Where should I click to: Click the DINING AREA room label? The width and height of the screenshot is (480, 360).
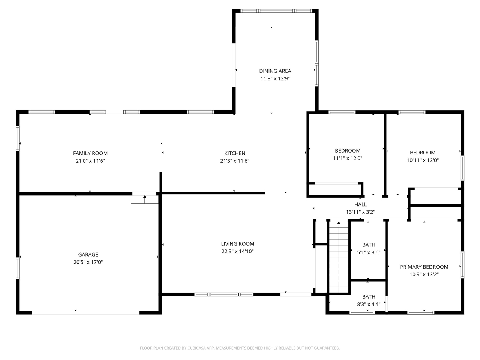tap(275, 71)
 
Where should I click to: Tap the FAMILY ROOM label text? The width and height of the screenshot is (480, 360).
tap(90, 153)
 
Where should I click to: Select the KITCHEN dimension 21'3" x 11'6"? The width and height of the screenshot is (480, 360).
tap(235, 161)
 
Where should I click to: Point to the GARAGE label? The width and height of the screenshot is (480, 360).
tap(88, 254)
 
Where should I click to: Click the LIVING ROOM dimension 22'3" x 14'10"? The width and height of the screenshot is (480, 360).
tap(237, 251)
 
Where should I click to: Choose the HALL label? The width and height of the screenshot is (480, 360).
tap(360, 204)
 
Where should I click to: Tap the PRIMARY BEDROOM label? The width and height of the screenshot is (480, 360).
tap(424, 267)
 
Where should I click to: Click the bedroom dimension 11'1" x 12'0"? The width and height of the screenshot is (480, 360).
tap(348, 158)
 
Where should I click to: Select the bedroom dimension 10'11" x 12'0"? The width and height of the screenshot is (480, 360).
tap(423, 160)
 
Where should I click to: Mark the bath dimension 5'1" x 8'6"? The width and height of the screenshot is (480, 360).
tap(369, 252)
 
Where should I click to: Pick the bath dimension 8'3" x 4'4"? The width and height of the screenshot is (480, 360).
tap(369, 304)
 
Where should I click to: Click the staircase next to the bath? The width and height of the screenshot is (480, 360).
tap(339, 257)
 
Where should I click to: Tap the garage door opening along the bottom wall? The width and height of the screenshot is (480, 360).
tap(85, 313)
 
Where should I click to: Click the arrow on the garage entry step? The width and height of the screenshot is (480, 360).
tap(144, 199)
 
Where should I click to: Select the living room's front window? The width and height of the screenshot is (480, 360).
tap(224, 294)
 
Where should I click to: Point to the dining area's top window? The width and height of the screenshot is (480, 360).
tap(276, 11)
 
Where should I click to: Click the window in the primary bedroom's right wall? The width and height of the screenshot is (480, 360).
tap(462, 265)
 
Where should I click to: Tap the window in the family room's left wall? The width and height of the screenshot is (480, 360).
tap(18, 138)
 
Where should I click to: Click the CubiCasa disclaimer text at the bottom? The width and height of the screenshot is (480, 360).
tap(240, 348)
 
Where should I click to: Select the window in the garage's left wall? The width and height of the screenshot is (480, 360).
tap(18, 268)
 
